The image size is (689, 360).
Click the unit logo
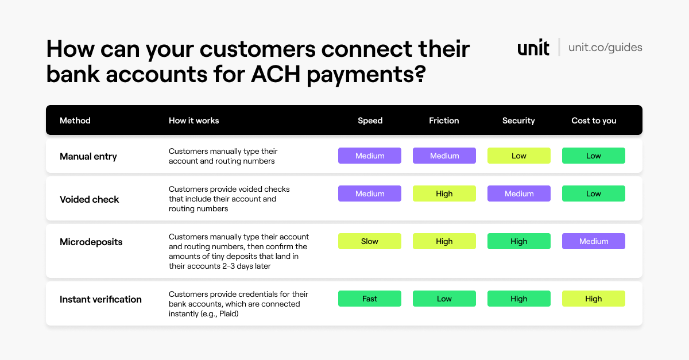533,47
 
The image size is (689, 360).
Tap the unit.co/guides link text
605,47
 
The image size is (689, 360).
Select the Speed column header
370,121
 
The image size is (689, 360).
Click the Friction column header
444,121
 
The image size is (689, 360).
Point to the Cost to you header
594,121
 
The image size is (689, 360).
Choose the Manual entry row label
88,156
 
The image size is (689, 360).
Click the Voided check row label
89,199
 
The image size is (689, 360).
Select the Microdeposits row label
91,242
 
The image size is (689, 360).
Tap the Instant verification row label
100,299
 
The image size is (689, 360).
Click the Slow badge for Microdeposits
370,241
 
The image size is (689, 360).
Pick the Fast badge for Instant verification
370,299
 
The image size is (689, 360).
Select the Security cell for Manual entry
518,156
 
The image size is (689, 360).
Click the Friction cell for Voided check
444,193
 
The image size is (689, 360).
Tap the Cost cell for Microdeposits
593,241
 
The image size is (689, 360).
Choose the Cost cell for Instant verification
593,299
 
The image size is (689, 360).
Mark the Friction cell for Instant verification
444,299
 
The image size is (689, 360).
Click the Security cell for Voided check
518,193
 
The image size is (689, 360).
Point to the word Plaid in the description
228,313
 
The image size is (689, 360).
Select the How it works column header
193,121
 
